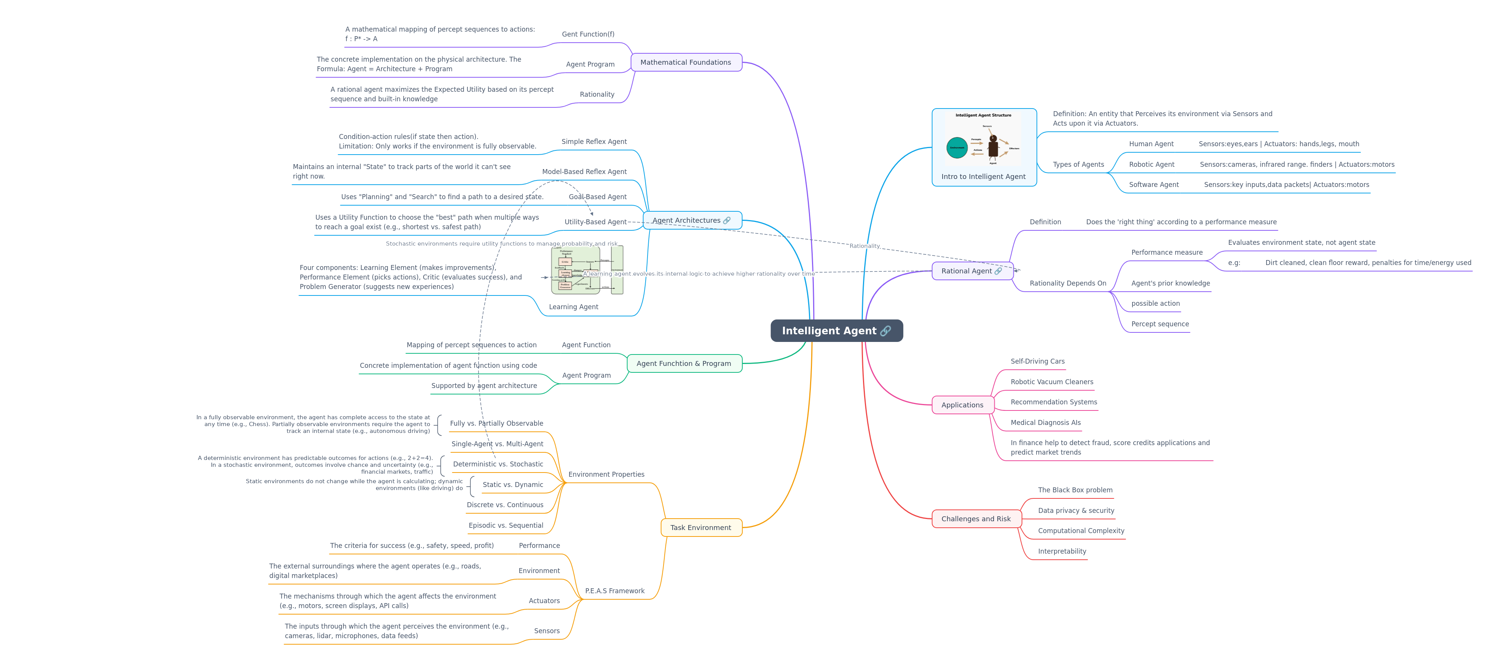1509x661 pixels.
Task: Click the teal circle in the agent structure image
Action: tap(957, 148)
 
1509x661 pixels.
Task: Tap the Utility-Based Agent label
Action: tap(595, 222)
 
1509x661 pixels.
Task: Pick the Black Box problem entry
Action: tap(1075, 490)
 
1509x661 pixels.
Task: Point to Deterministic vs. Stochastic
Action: tap(498, 465)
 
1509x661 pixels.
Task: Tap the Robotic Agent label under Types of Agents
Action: tap(1152, 164)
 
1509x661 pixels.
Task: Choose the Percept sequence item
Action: tap(1160, 324)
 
